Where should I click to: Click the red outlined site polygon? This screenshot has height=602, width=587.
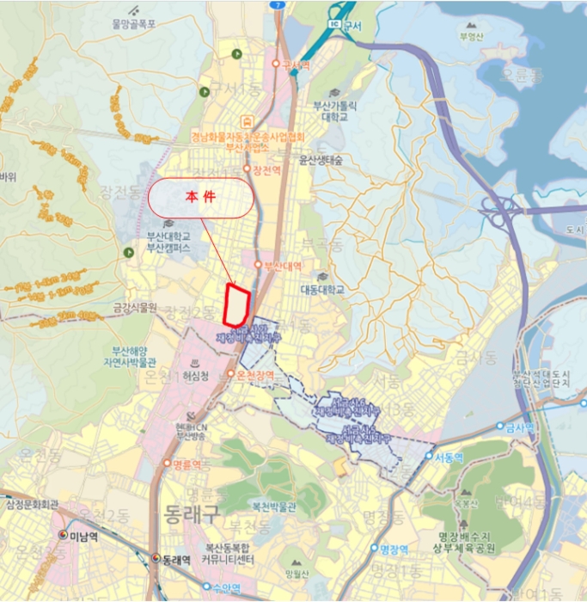[x=236, y=305]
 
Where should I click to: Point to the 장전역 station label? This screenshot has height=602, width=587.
[x=268, y=170]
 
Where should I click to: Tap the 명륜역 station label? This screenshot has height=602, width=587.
[x=186, y=464]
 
